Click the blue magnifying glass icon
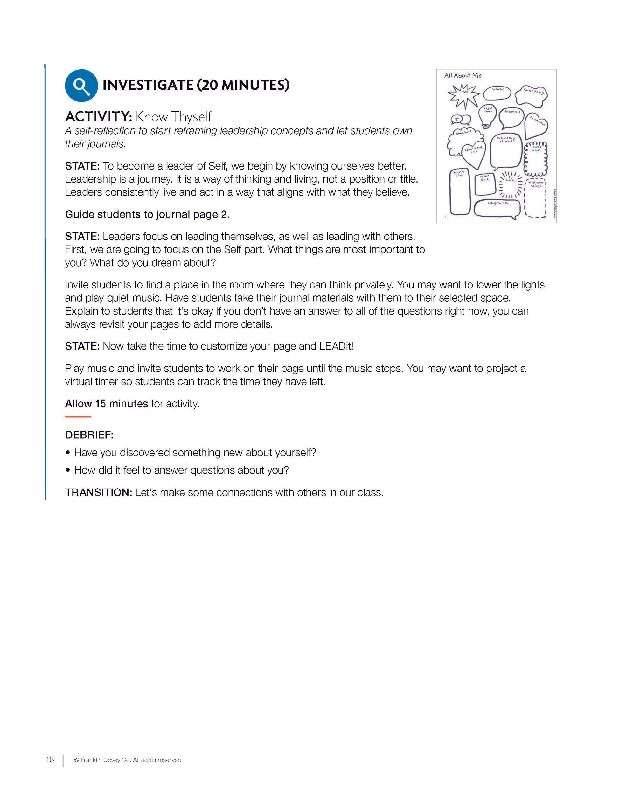(x=81, y=86)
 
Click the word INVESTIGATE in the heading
(x=148, y=85)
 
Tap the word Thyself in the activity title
(x=191, y=117)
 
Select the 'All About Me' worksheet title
(x=463, y=76)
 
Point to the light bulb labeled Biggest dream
(x=487, y=115)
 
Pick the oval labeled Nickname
(x=497, y=93)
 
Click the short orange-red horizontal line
(x=78, y=417)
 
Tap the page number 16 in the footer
(x=50, y=760)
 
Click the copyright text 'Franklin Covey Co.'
(x=106, y=760)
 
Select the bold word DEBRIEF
(x=89, y=435)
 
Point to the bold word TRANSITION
(x=98, y=493)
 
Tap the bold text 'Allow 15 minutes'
(x=106, y=404)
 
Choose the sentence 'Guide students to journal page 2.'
(x=147, y=214)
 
